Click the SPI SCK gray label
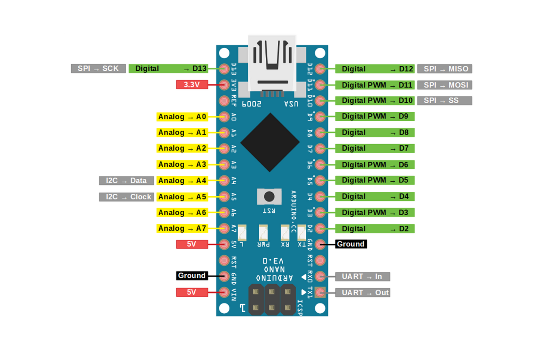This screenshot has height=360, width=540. coord(98,68)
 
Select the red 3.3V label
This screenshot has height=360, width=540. coord(192,84)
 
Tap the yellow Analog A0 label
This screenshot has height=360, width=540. coord(182,117)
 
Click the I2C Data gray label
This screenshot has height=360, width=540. coord(126,181)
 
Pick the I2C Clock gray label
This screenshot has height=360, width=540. coord(126,197)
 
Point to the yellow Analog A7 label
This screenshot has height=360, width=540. coord(182,228)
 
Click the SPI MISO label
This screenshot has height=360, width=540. coord(445,69)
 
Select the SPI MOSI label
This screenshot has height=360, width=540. coord(445,85)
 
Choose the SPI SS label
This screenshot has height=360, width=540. coord(445,101)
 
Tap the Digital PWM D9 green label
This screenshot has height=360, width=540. coord(374,116)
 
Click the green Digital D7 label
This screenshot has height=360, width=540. coord(374,148)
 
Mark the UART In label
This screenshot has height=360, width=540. coord(362,277)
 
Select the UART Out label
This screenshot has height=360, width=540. coord(362,292)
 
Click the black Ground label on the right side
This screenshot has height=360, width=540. coord(351,244)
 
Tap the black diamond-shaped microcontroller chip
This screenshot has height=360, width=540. coord(270,142)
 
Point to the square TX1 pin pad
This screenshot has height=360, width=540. coord(320,292)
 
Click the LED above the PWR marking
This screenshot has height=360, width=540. coord(263,233)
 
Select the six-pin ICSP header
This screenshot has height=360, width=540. coord(272,299)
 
